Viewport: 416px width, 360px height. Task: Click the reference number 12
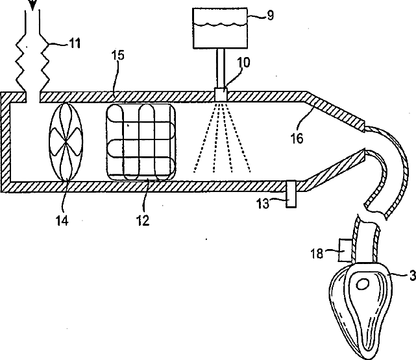[x=142, y=220]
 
